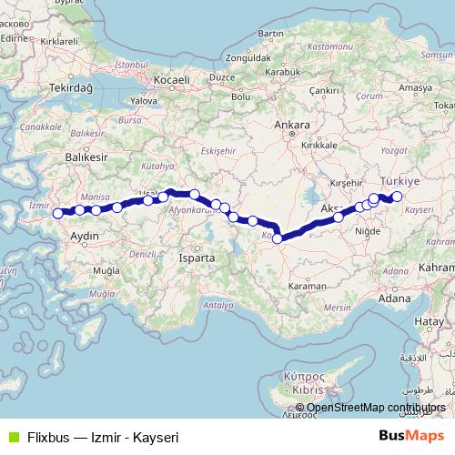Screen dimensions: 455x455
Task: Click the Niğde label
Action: [x=369, y=232]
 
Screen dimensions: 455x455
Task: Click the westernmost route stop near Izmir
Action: [x=58, y=214]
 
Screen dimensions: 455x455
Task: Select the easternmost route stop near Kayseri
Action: [x=397, y=197]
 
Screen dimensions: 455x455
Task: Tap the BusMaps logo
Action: [x=413, y=437]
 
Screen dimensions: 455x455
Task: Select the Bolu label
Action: [x=241, y=96]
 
